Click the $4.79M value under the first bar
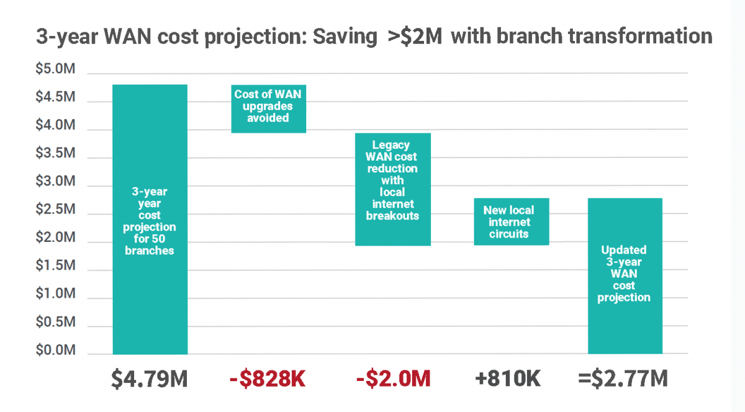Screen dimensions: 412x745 (x=149, y=378)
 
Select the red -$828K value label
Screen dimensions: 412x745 (x=268, y=378)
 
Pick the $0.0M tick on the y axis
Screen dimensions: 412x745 (x=55, y=351)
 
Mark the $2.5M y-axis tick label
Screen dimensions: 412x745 (x=55, y=210)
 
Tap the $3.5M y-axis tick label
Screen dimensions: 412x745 (x=55, y=154)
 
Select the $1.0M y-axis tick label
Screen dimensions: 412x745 (x=55, y=294)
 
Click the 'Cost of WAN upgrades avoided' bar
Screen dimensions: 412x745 (x=268, y=109)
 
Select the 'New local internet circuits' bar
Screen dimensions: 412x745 (x=512, y=222)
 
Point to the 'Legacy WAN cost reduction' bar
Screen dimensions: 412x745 (x=392, y=189)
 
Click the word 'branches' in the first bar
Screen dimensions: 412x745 (x=150, y=251)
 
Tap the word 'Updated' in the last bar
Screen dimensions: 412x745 (x=624, y=250)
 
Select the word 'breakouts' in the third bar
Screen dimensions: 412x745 (x=392, y=216)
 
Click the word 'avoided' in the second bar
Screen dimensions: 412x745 (x=268, y=117)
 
